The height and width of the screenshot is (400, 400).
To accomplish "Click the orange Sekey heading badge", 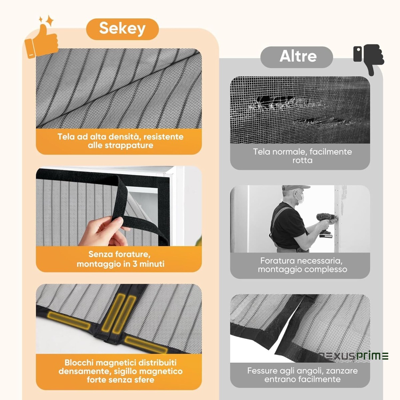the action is tap(122, 29).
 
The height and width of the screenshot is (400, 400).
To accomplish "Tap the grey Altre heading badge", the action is tap(297, 57).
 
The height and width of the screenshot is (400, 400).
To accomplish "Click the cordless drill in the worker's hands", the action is tap(325, 224).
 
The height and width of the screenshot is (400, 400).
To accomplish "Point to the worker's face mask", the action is tap(300, 198).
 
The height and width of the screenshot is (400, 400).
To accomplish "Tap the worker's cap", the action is tap(295, 188).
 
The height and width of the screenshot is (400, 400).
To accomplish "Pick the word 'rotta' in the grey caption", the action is tap(302, 160).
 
